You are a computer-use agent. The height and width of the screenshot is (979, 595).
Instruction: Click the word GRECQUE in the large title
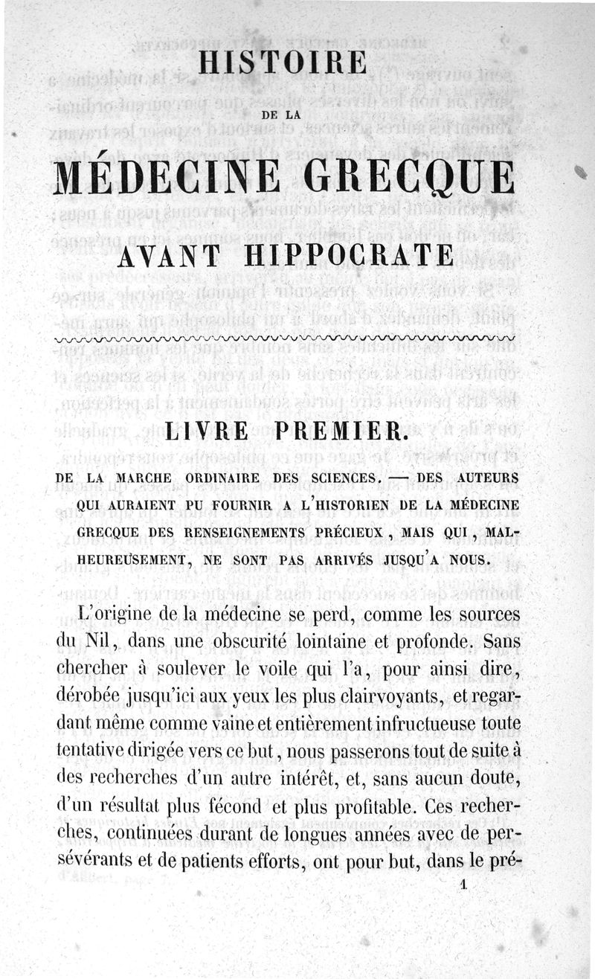[x=408, y=177]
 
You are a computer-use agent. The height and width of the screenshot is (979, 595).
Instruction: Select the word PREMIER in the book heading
[x=347, y=434]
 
